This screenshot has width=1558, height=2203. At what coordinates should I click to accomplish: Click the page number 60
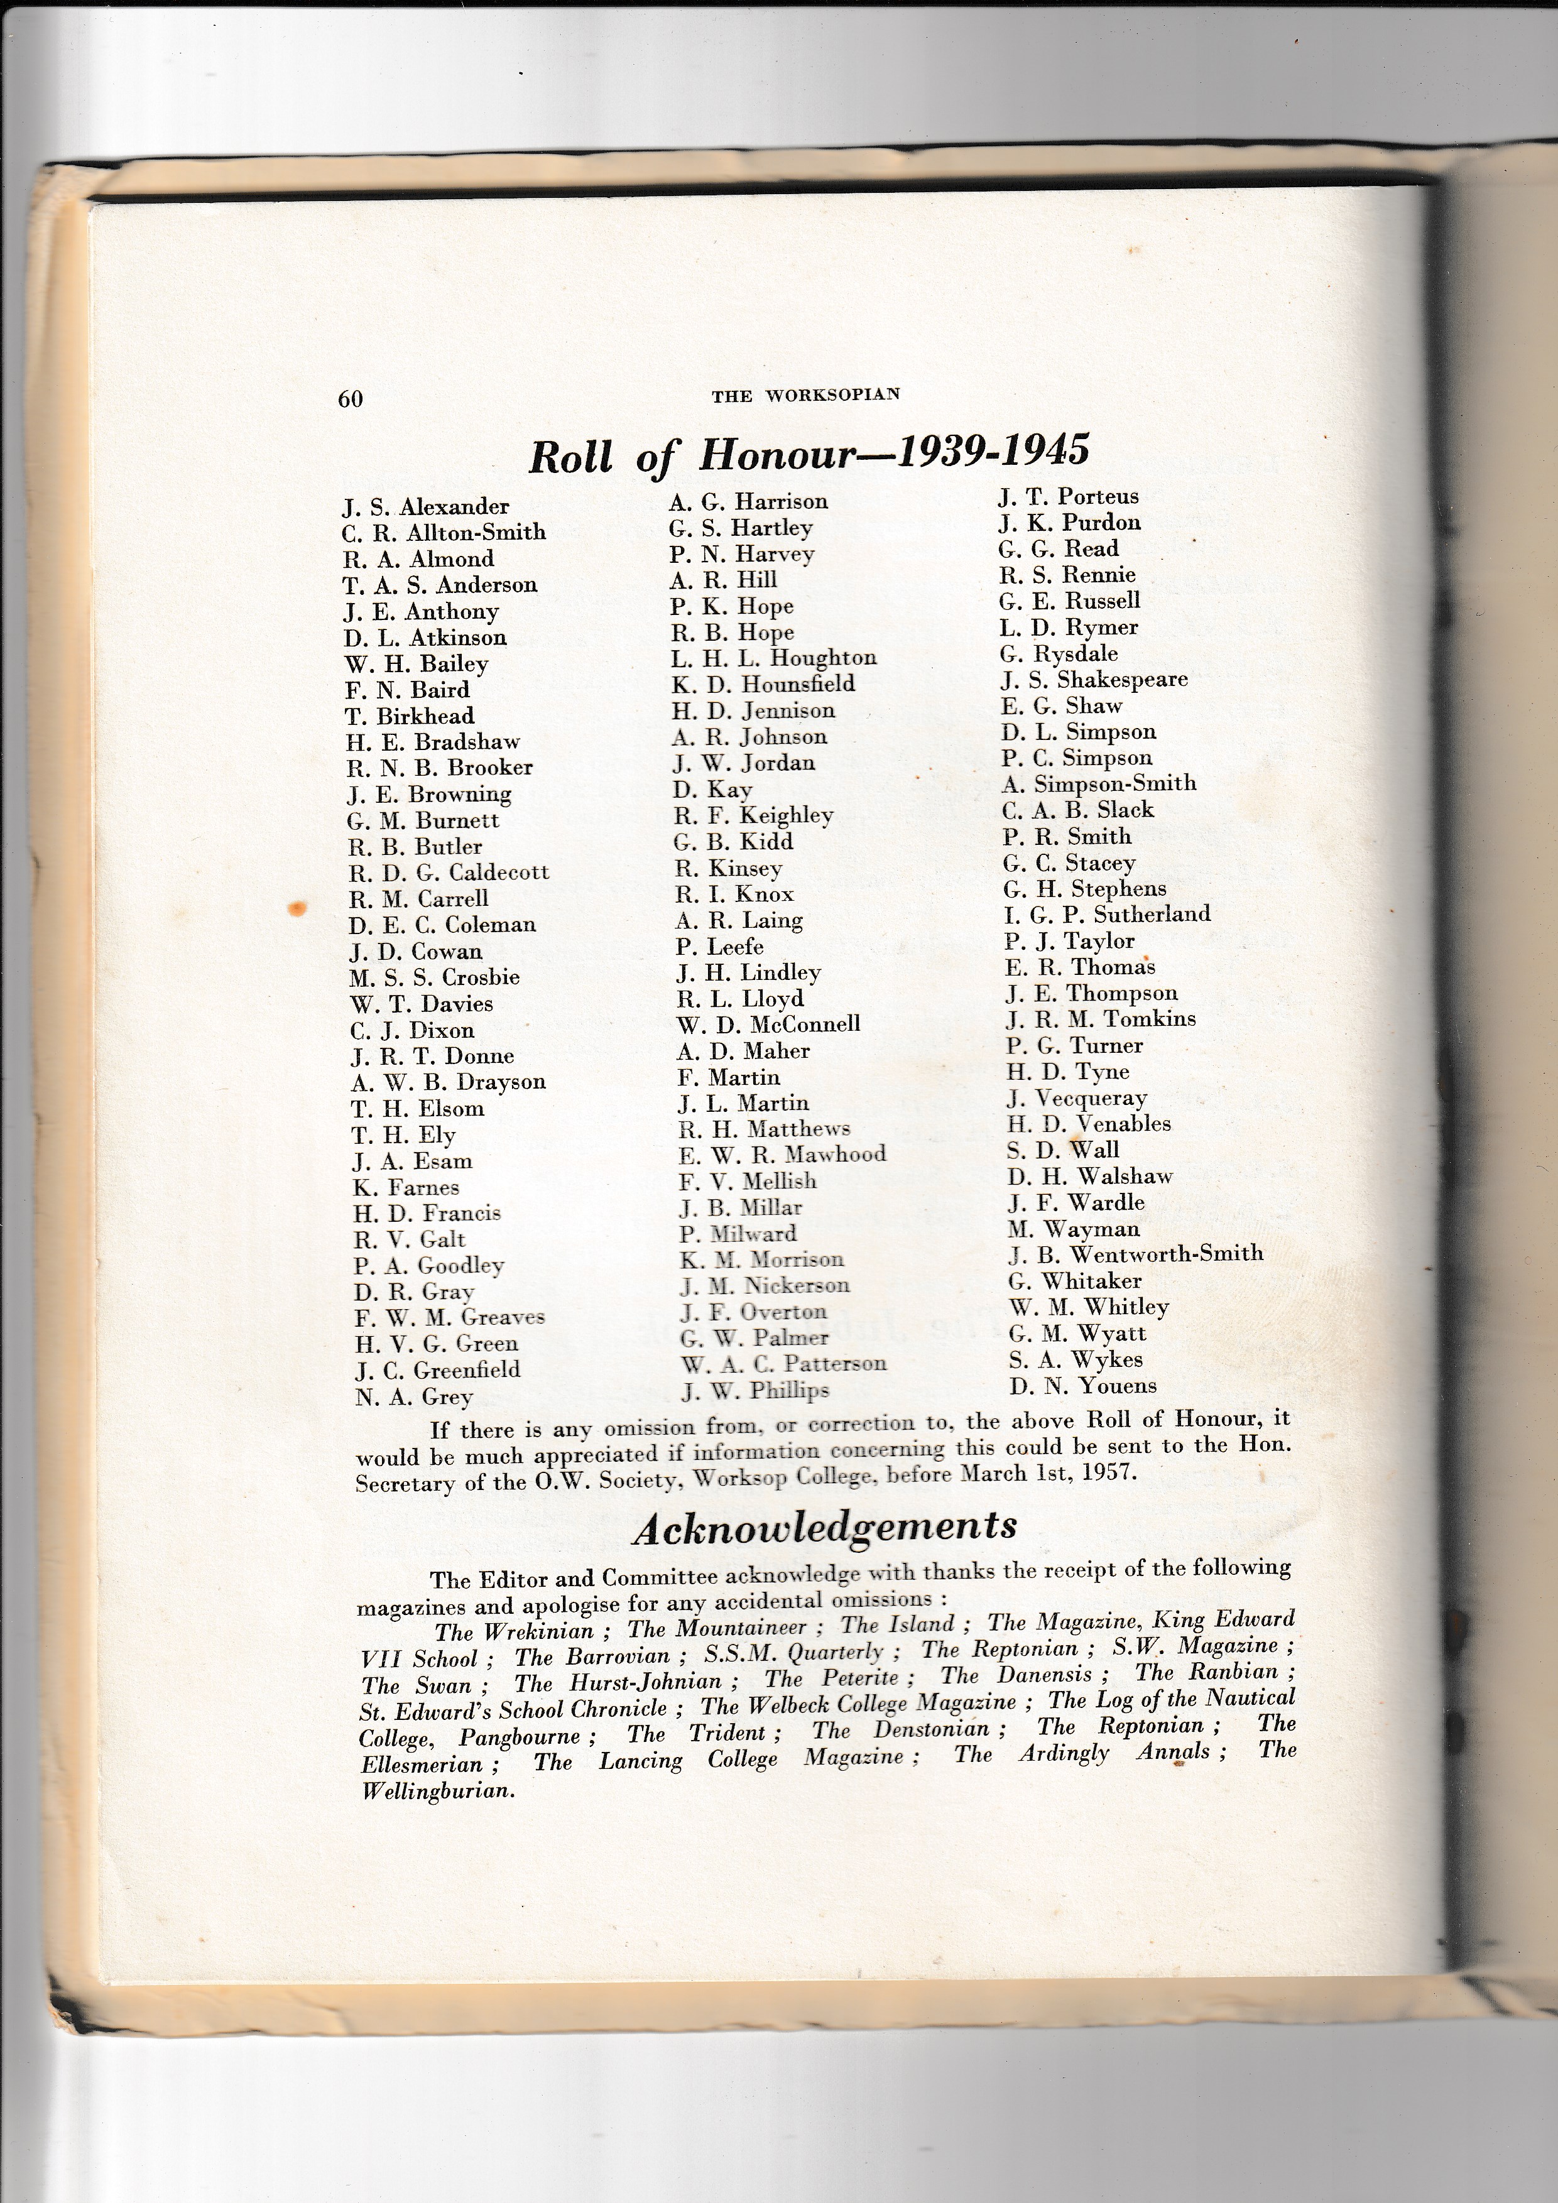click(350, 398)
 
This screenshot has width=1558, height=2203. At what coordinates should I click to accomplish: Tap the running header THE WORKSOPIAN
click(806, 394)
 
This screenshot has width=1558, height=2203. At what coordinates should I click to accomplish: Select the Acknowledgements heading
click(824, 1526)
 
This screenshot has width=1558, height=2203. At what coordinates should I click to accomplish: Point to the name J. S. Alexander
click(426, 506)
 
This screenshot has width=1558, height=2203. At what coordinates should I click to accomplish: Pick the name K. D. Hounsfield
click(763, 684)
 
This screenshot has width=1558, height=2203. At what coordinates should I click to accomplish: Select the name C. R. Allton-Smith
click(444, 533)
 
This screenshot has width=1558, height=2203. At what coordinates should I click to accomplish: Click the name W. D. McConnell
click(768, 1025)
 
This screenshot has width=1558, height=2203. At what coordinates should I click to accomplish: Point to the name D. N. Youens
click(1083, 1386)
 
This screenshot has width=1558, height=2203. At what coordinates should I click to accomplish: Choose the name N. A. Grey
click(413, 1397)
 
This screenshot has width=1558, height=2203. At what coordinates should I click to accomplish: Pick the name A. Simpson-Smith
click(1099, 783)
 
